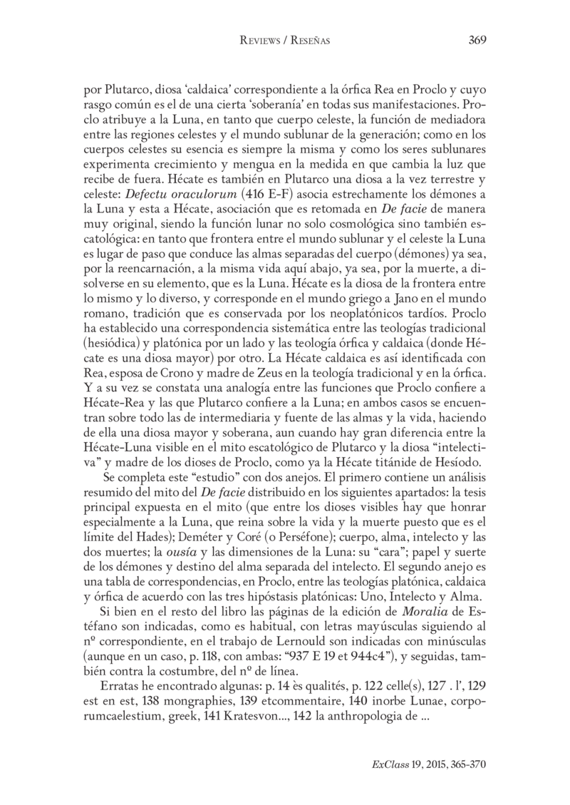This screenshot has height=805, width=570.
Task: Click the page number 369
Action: point(477,40)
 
